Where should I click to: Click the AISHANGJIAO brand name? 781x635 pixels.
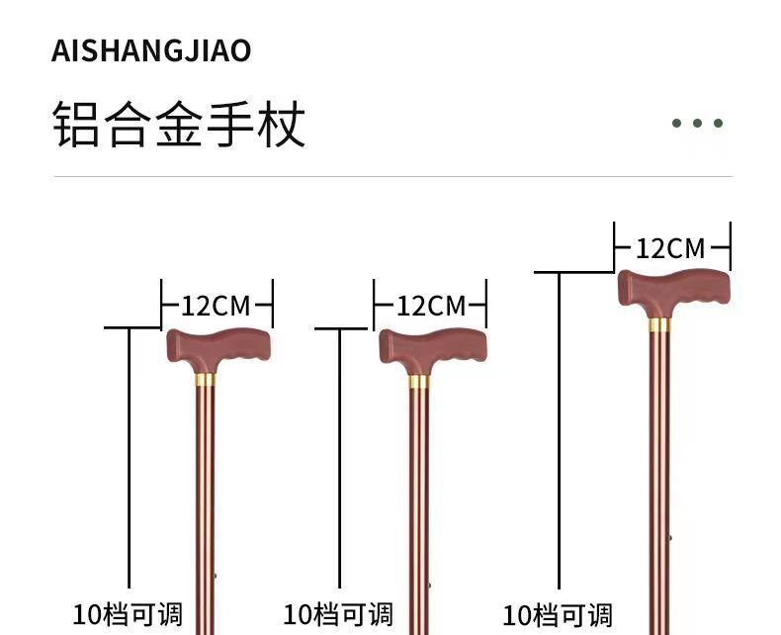pos(151,50)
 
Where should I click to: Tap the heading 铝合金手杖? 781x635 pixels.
pos(178,125)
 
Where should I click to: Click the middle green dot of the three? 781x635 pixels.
pos(698,124)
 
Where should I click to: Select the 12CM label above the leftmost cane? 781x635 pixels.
pos(217,305)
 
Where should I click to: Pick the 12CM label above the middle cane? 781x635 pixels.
pos(430,305)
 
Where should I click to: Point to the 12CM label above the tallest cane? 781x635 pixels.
pos(671,247)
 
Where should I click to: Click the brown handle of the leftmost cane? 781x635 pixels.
pos(217,348)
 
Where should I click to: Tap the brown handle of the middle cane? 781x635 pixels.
pos(432,350)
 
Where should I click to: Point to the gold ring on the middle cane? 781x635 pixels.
pos(418,382)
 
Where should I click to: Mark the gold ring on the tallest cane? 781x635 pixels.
pos(658,323)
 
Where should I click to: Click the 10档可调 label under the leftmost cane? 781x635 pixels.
pos(128,614)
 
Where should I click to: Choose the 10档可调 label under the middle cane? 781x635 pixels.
pos(338,614)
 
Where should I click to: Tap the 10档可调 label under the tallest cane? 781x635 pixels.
pos(558,615)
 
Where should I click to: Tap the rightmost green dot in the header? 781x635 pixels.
pos(719,124)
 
